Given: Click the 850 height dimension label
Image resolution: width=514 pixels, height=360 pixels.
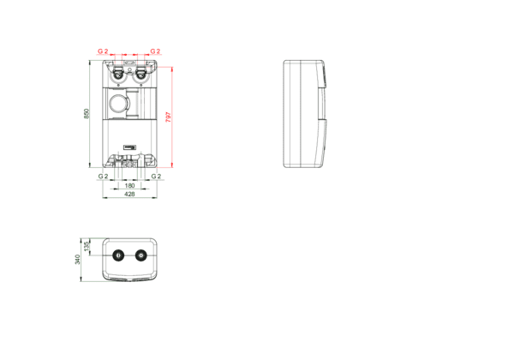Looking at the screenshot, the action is [x=87, y=114].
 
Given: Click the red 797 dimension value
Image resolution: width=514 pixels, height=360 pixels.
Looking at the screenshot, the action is [x=169, y=117].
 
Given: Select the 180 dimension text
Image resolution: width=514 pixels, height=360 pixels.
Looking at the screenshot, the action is [x=130, y=186].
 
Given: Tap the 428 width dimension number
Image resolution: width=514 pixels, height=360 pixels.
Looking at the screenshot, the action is [x=130, y=194].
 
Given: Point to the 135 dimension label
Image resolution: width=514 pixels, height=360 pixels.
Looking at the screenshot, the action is [x=87, y=247].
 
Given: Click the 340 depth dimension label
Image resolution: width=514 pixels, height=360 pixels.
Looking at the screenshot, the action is [x=78, y=260].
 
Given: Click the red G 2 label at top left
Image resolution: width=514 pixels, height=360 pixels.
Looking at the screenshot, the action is [x=103, y=51].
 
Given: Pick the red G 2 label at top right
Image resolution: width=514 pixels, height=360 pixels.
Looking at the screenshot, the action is [x=155, y=51].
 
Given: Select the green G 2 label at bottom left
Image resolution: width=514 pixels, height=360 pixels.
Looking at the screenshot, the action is [x=104, y=176].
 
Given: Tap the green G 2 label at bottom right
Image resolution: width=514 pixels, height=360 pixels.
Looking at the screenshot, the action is [x=157, y=176].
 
